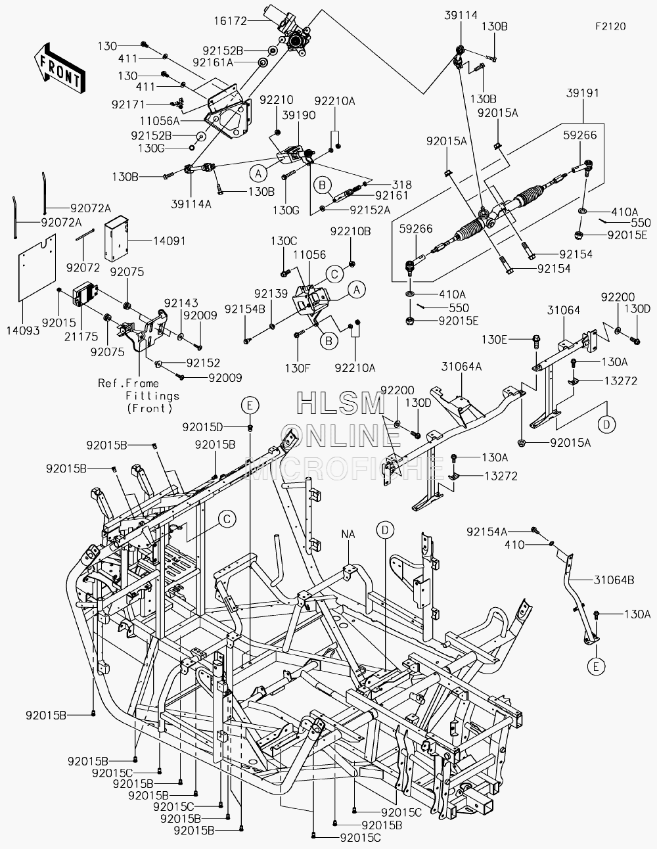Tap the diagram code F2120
click(x=610, y=26)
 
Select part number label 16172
click(x=231, y=21)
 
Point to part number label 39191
click(x=583, y=93)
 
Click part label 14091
click(x=169, y=241)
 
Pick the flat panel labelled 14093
click(x=37, y=267)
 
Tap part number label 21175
click(x=81, y=336)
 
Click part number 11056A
click(x=160, y=121)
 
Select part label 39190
click(x=299, y=115)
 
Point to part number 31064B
click(x=614, y=580)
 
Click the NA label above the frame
click(x=348, y=534)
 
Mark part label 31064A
click(x=461, y=367)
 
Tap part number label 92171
click(x=128, y=104)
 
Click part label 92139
click(x=271, y=294)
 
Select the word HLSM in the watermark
click(x=341, y=403)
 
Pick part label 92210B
click(x=350, y=231)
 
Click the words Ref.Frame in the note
click(x=129, y=383)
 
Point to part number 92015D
click(x=203, y=427)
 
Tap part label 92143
click(x=181, y=303)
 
